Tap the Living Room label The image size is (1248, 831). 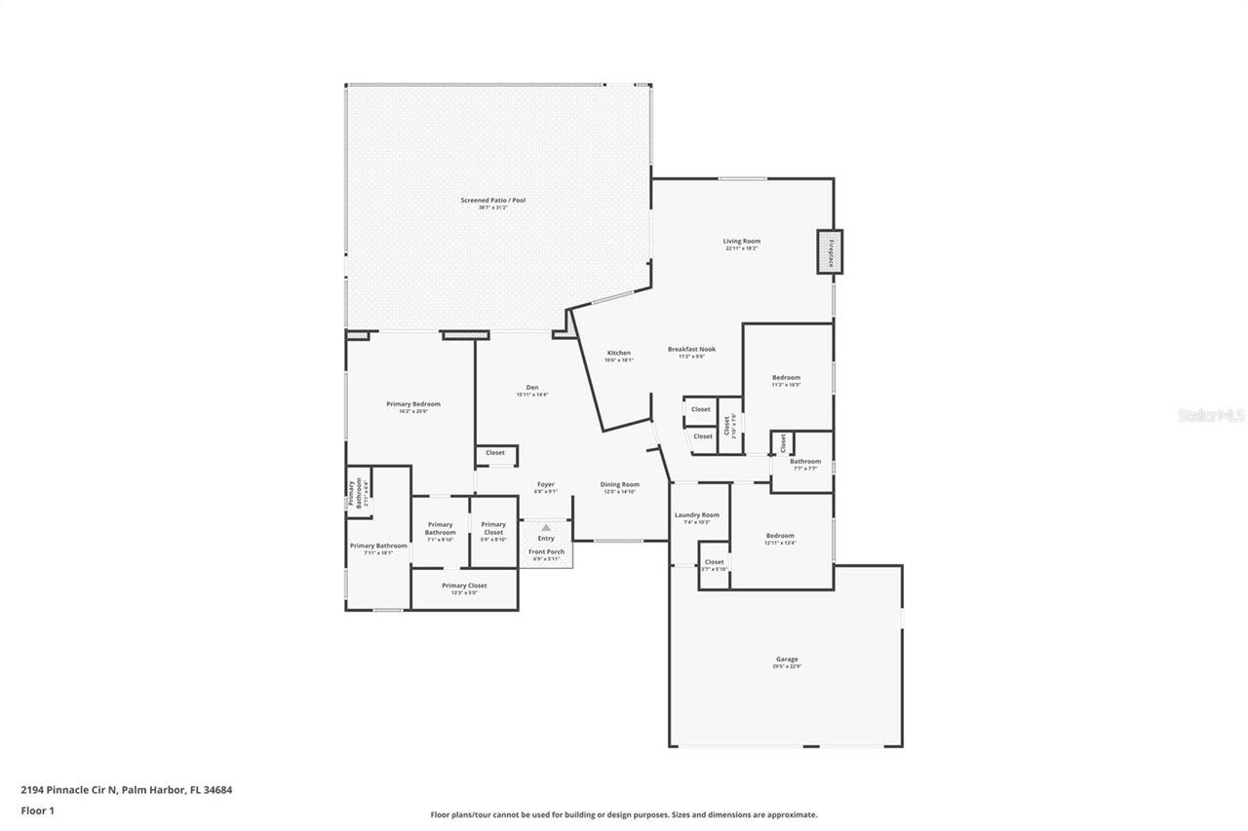(741, 242)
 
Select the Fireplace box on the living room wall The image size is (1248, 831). (831, 252)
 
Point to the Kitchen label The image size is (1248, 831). (618, 353)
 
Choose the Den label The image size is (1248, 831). (532, 388)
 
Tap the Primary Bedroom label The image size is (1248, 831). (412, 404)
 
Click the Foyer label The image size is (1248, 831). (546, 484)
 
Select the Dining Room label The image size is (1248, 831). (619, 484)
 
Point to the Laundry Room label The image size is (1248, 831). (696, 515)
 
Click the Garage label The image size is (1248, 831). (786, 660)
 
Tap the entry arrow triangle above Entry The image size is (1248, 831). (546, 527)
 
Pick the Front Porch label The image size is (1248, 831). (546, 552)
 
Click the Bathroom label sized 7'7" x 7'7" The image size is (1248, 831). (804, 462)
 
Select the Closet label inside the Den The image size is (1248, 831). (495, 453)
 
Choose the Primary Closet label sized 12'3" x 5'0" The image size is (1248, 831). (464, 585)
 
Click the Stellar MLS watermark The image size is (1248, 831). (1211, 415)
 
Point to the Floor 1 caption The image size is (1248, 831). (37, 811)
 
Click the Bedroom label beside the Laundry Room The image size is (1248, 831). (779, 536)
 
